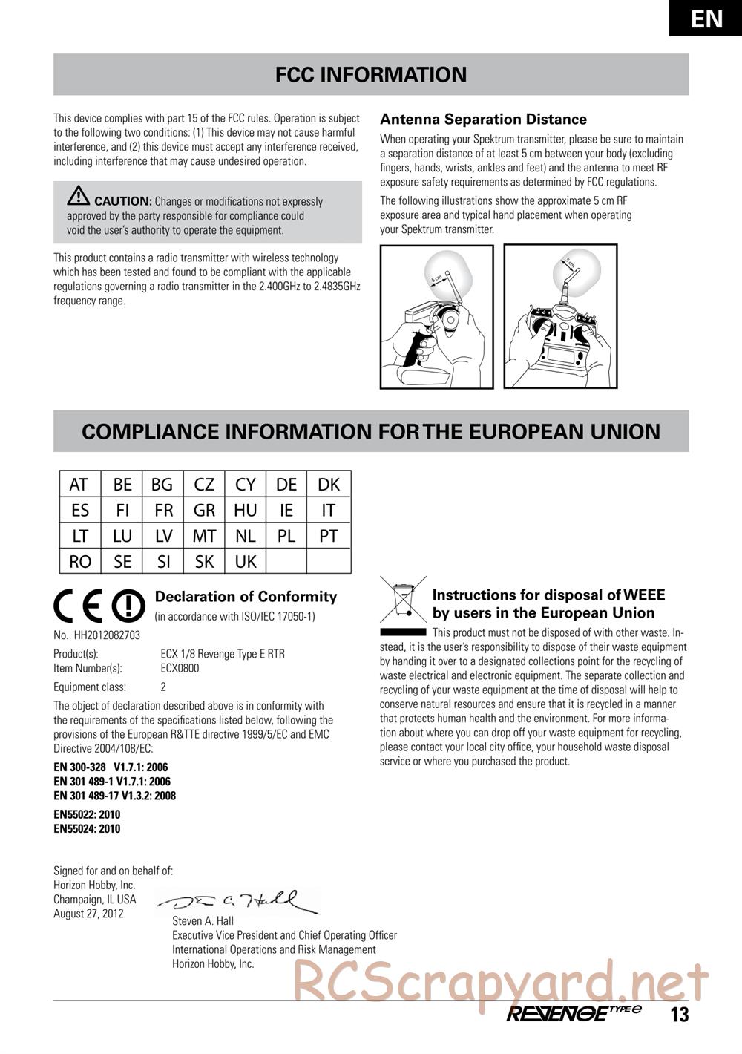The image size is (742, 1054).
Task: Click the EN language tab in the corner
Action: pyautogui.click(x=706, y=18)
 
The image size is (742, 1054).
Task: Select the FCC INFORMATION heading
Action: pyautogui.click(x=371, y=74)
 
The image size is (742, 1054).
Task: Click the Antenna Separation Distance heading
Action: pyautogui.click(x=483, y=120)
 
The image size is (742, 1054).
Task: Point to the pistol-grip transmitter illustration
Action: pyautogui.click(x=436, y=317)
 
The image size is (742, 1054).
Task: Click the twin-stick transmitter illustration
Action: pyautogui.click(x=561, y=317)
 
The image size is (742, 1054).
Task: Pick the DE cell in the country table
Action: pyautogui.click(x=286, y=485)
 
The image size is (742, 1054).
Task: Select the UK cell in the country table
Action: pyautogui.click(x=246, y=562)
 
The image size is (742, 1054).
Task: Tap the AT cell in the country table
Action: pyautogui.click(x=79, y=485)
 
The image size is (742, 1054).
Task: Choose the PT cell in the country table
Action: pyautogui.click(x=328, y=536)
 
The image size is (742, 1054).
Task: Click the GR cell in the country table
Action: pyautogui.click(x=204, y=511)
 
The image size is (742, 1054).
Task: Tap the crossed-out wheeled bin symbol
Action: pyautogui.click(x=403, y=600)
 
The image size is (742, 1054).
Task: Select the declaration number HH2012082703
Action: pyautogui.click(x=106, y=635)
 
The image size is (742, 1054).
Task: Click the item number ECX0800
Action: pyautogui.click(x=180, y=668)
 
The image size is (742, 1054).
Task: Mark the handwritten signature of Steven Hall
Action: pyautogui.click(x=237, y=902)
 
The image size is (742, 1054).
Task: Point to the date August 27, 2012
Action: pyautogui.click(x=88, y=914)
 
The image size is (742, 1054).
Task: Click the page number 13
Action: pyautogui.click(x=680, y=1015)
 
